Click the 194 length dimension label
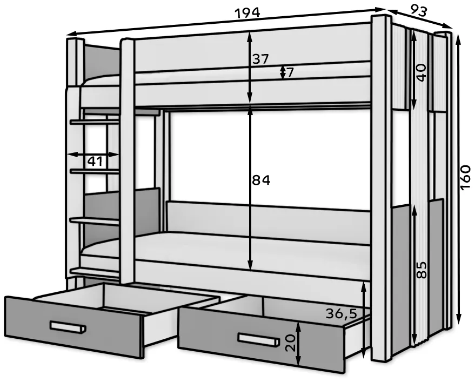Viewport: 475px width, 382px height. point(247,14)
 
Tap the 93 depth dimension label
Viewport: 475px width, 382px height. point(419,11)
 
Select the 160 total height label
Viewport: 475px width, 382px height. point(465,178)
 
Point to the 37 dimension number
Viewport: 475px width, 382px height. point(260,59)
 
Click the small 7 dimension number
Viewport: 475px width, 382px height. point(290,73)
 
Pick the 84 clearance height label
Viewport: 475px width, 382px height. point(261,180)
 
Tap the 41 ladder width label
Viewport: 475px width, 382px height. point(95,162)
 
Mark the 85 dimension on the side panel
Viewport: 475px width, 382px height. point(422,270)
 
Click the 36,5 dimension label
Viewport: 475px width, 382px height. point(342,313)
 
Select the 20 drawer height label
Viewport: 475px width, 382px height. point(290,343)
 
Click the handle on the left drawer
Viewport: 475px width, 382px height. point(68,327)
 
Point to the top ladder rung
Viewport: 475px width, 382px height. point(95,122)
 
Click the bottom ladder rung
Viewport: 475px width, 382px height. point(95,272)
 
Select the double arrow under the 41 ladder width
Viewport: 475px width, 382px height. point(93,155)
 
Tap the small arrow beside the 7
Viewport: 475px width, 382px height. point(282,72)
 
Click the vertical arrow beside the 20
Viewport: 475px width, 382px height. point(298,344)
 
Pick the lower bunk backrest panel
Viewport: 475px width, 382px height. point(268,220)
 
